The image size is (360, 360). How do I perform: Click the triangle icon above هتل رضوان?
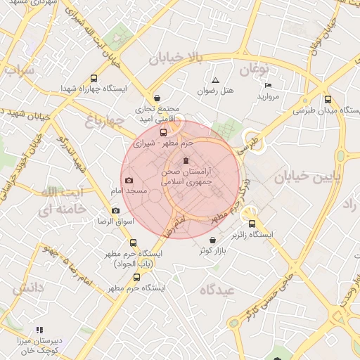tap(215, 80)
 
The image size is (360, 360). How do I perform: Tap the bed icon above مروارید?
tap(268, 85)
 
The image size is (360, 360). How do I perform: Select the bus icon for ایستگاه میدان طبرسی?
tap(328, 99)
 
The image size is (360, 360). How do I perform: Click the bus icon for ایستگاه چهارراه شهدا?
tap(94, 79)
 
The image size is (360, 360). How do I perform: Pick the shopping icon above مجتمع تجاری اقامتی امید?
tap(157, 98)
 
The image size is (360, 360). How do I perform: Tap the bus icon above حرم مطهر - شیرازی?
tap(164, 132)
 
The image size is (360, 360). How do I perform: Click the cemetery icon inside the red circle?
tap(186, 161)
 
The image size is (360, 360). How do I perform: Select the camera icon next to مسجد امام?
tap(128, 181)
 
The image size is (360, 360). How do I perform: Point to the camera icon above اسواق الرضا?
tap(115, 211)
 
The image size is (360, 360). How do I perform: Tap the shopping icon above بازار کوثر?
tap(212, 240)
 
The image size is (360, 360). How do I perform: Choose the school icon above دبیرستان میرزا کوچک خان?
tap(39, 330)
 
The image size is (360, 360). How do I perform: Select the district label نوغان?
tap(253, 69)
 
